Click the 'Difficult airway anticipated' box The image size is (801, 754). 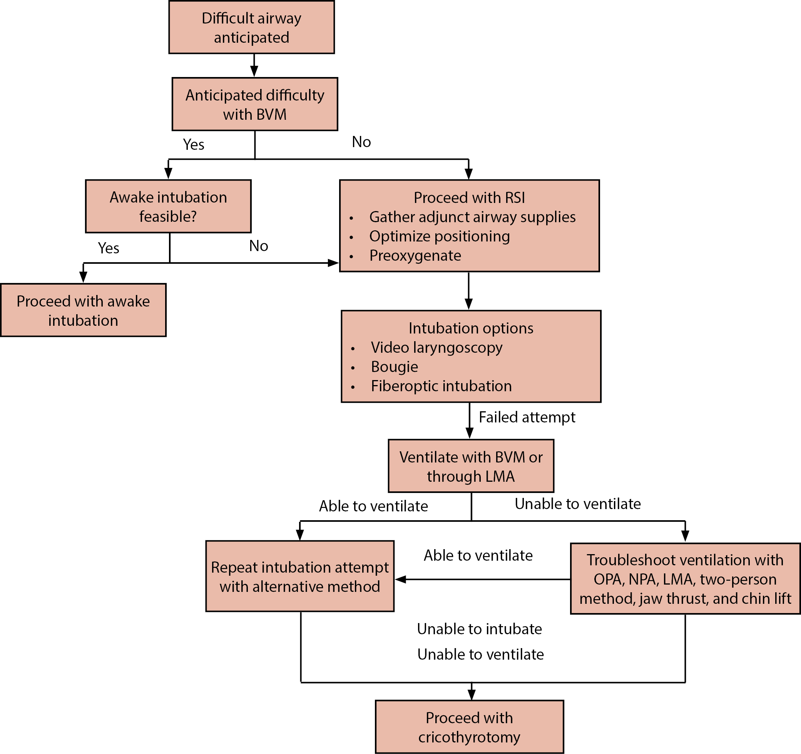(x=251, y=27)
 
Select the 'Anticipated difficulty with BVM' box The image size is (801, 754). (x=255, y=104)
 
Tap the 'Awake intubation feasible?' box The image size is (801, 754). (x=168, y=206)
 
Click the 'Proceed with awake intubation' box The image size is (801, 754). (x=83, y=310)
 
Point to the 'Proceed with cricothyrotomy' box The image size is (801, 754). (x=469, y=727)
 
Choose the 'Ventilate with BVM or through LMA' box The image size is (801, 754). (x=471, y=466)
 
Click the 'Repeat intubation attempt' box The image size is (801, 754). (x=300, y=576)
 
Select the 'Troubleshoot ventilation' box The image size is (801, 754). (x=685, y=579)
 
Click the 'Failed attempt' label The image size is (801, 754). (x=527, y=417)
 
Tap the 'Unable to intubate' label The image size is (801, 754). (x=479, y=629)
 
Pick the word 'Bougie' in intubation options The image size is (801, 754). (x=395, y=367)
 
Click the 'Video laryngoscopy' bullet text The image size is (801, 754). (x=436, y=347)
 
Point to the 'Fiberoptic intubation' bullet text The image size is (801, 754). (x=441, y=386)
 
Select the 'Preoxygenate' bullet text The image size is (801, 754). (x=415, y=255)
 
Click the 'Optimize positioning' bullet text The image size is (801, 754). (x=439, y=236)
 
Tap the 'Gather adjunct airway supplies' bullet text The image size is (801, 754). (x=472, y=216)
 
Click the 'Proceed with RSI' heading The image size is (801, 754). (x=469, y=197)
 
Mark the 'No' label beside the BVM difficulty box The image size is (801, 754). (x=361, y=142)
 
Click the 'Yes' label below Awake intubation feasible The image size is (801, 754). (x=109, y=248)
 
